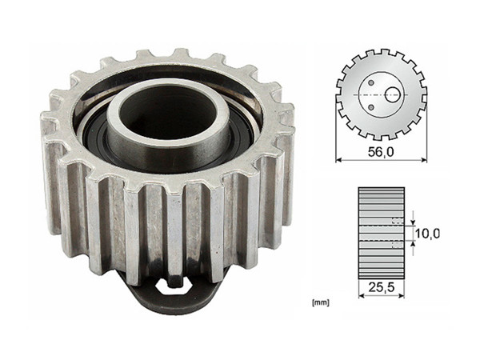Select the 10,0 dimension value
pyautogui.click(x=428, y=233)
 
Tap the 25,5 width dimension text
pyautogui.click(x=381, y=285)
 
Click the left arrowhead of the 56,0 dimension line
pyautogui.click(x=338, y=160)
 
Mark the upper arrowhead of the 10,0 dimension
pyautogui.click(x=414, y=222)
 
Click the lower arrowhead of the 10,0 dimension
pyautogui.click(x=414, y=243)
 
